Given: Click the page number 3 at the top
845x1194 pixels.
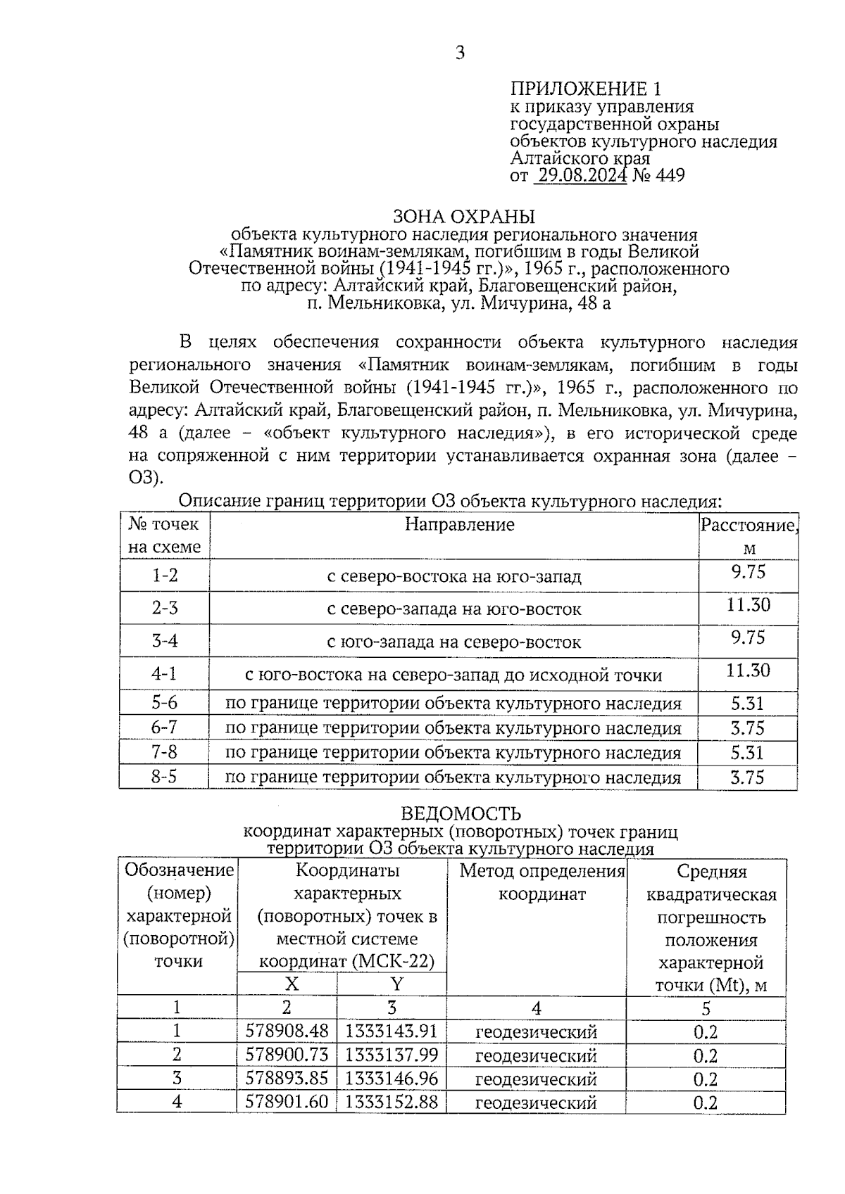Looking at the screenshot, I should (460, 53).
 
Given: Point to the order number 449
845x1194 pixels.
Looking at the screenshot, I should (669, 175).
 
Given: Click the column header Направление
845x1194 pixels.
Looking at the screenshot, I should (459, 524).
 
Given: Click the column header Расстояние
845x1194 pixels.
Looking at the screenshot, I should (749, 525).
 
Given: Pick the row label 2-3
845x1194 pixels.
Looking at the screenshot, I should (165, 608).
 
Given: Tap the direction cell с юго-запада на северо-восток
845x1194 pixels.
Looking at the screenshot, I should (454, 642).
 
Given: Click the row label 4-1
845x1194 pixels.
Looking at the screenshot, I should (164, 673).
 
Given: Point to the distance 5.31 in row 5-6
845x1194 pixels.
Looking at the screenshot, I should (747, 703).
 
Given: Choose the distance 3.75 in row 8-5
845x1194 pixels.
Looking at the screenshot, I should (747, 777).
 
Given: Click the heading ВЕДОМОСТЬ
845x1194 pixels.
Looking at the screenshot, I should (461, 814).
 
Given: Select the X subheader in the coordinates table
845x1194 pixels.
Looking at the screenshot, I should (290, 984).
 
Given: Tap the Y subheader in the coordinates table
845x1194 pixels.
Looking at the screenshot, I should (397, 984).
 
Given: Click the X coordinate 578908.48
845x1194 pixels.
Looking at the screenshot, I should (287, 1031).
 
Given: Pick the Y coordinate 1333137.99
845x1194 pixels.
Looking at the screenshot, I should (392, 1055).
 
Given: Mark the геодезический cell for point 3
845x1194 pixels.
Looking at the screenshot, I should (536, 1079).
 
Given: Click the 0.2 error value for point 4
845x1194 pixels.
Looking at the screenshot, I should (705, 1102).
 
